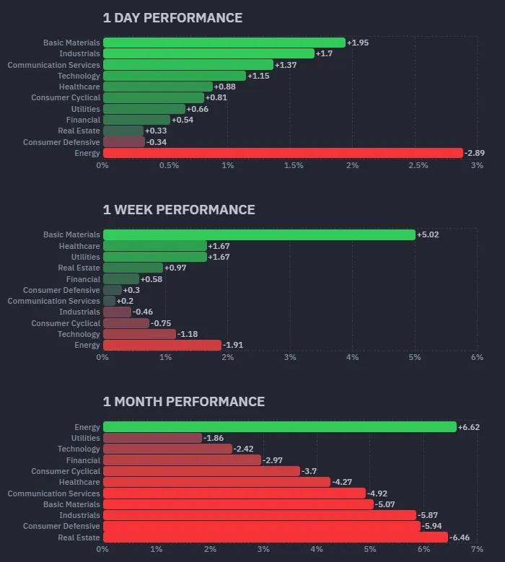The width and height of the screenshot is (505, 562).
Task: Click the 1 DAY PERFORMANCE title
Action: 172,18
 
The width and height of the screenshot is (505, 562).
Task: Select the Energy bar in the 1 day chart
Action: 283,153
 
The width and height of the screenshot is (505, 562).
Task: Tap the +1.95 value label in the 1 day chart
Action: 358,43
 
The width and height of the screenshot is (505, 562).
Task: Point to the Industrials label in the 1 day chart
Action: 79,54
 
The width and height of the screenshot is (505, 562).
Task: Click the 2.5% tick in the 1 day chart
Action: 418,166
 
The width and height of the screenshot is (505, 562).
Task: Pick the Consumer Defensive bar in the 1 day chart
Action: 124,142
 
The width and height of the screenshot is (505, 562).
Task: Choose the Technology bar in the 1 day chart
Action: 175,76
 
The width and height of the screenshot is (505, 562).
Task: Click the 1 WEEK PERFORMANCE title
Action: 179,210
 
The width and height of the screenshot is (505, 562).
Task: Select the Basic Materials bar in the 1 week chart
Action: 259,234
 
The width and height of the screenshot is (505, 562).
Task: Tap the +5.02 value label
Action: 428,234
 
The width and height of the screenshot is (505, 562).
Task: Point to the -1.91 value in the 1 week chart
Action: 234,346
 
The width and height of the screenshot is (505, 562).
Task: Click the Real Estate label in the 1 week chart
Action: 79,268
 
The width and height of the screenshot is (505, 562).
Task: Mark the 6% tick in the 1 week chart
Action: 477,358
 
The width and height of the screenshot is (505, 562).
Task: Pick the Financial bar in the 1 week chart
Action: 121,279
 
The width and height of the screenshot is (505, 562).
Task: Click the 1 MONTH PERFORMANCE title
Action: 183,402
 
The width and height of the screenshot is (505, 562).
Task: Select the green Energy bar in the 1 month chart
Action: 280,427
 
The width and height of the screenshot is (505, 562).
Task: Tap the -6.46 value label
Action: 460,537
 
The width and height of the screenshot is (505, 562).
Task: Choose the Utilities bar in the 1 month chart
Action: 152,438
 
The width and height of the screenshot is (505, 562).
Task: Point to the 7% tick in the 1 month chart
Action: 477,550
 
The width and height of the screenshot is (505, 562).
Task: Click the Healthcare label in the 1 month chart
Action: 79,482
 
